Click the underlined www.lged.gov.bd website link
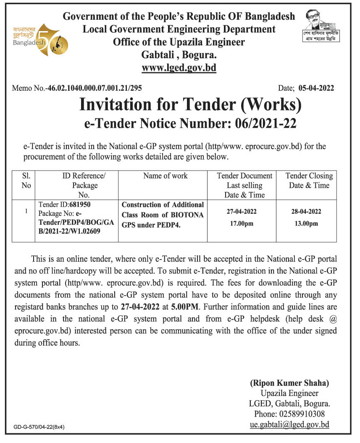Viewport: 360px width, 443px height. (179, 68)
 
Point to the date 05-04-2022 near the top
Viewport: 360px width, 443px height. (316, 88)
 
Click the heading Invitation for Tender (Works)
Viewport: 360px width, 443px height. (190, 105)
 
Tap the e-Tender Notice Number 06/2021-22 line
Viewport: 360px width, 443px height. (190, 123)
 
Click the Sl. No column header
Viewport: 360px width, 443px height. (26, 181)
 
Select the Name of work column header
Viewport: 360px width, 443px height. (166, 176)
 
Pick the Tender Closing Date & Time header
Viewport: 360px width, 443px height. (309, 181)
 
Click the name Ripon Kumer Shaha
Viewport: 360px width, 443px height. (289, 383)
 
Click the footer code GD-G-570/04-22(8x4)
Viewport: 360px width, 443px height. (39, 427)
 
